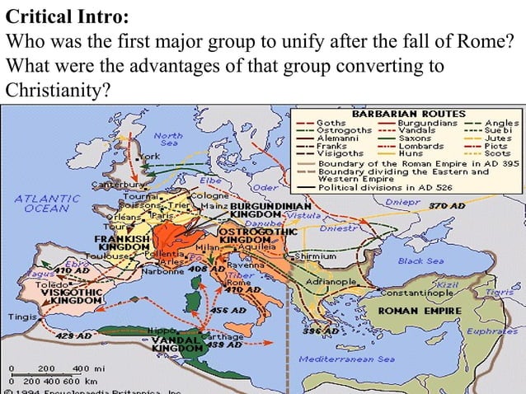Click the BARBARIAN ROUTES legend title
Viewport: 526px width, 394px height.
click(x=409, y=114)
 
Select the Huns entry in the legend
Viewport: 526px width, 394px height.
click(x=411, y=153)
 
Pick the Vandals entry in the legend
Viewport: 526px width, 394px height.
click(x=412, y=130)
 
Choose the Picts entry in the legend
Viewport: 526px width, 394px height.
click(x=496, y=146)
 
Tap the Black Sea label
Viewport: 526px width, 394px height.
click(x=420, y=260)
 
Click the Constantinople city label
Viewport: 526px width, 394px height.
click(x=416, y=293)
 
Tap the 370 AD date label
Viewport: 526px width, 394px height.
click(x=448, y=205)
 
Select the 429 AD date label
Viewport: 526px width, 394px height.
click(x=73, y=336)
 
